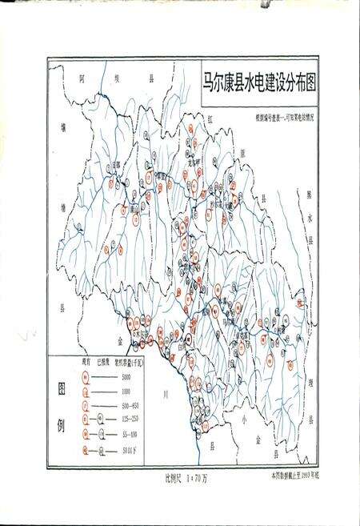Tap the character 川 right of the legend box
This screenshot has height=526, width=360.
(x=165, y=395)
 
